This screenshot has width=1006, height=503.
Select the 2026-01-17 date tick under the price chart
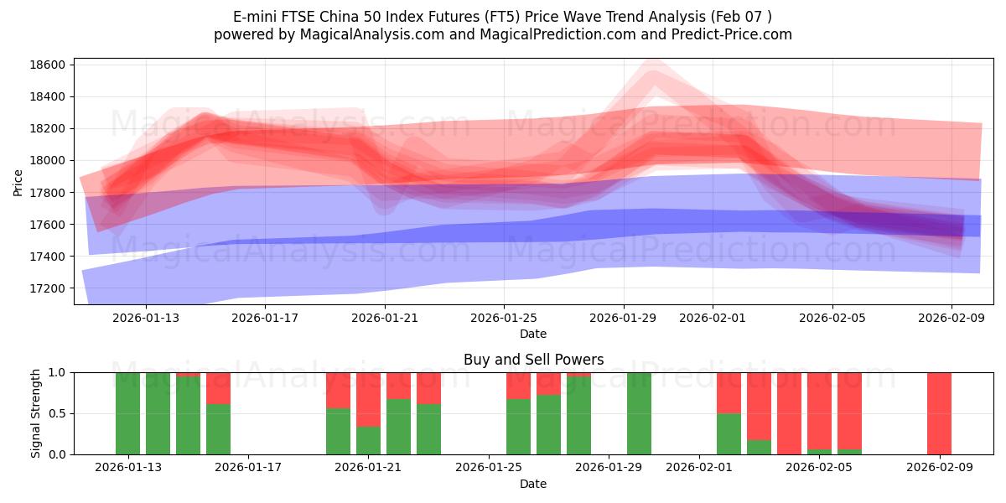tap(265, 318)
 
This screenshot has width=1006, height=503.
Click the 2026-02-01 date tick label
tap(713, 318)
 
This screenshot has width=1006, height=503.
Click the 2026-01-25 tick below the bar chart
tap(489, 468)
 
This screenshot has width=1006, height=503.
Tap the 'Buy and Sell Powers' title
tap(533, 360)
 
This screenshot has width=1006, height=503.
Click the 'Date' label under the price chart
tap(533, 334)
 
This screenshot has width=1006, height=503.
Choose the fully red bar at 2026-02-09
tap(939, 413)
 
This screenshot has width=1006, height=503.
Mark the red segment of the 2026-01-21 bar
tap(368, 399)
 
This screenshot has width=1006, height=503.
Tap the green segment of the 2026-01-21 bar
tap(368, 440)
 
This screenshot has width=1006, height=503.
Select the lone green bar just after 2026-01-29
tap(639, 413)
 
